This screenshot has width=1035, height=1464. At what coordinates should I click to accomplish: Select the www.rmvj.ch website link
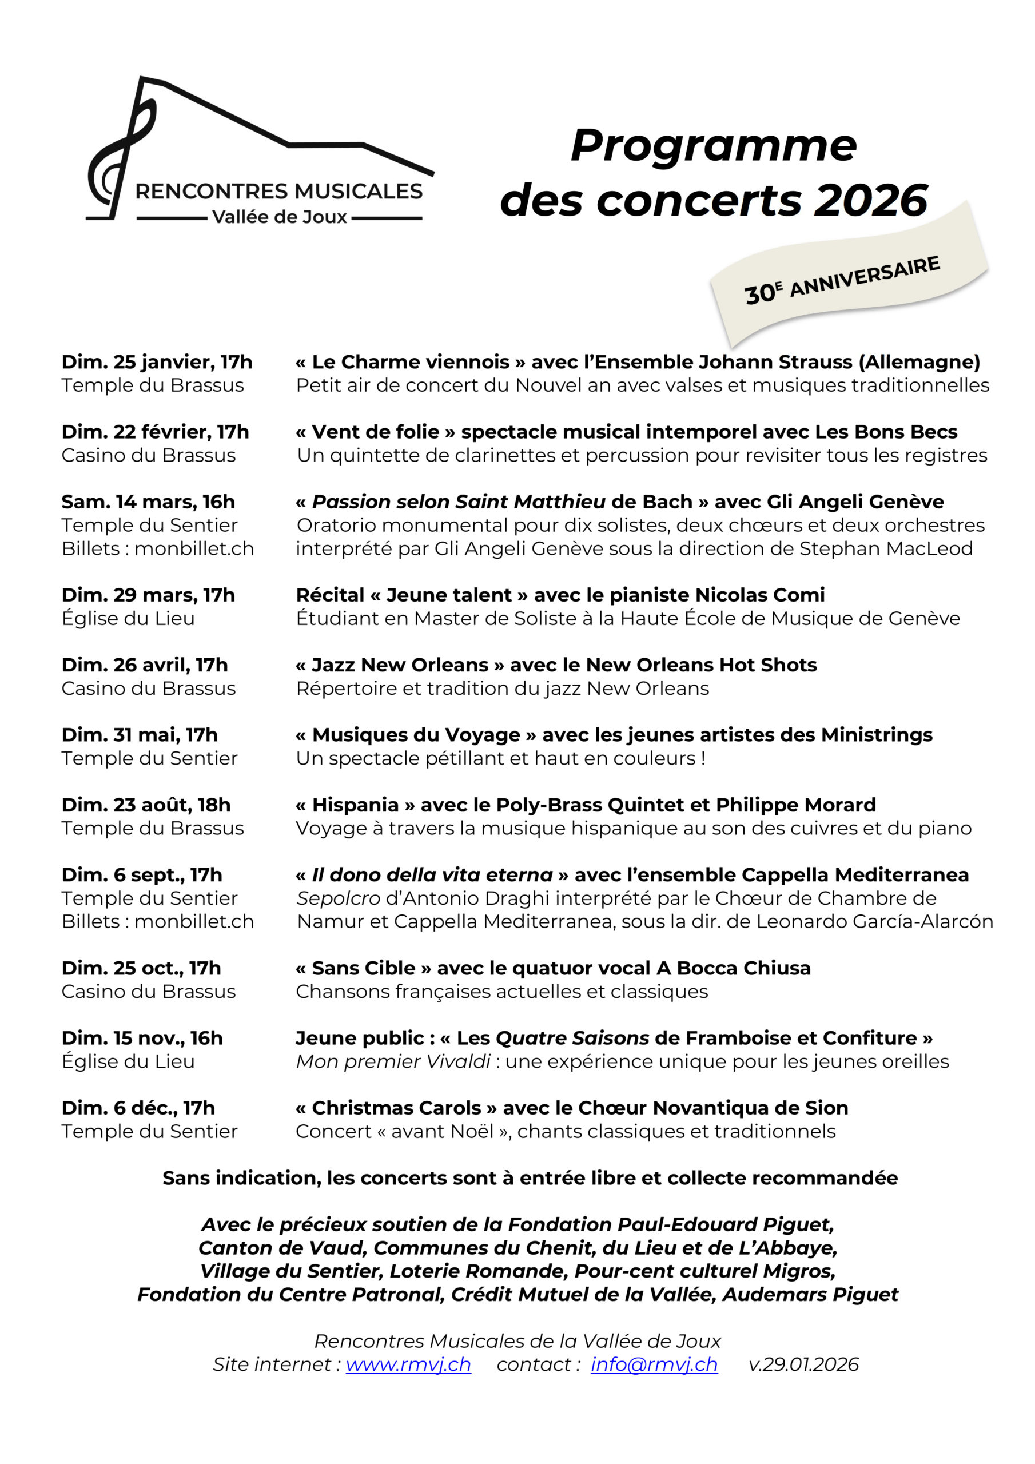coord(408,1364)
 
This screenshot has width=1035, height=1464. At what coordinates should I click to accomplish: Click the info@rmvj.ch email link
coord(654,1364)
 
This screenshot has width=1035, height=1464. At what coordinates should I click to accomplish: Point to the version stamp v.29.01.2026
coord(803,1364)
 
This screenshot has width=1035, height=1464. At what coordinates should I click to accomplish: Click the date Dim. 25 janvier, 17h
coord(156,362)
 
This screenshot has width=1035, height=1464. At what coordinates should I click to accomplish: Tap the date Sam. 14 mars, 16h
coord(148,502)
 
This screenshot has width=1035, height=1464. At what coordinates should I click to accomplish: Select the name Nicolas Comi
coord(759,595)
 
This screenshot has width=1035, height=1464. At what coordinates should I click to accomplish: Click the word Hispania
coord(355,805)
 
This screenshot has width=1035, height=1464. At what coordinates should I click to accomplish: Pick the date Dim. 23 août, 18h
coord(145,805)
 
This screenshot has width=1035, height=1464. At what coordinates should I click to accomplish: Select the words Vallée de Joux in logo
coord(279,217)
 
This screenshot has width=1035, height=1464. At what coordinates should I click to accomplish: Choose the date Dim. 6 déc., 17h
coord(138,1108)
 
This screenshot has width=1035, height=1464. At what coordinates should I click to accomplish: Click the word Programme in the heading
coord(714,145)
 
